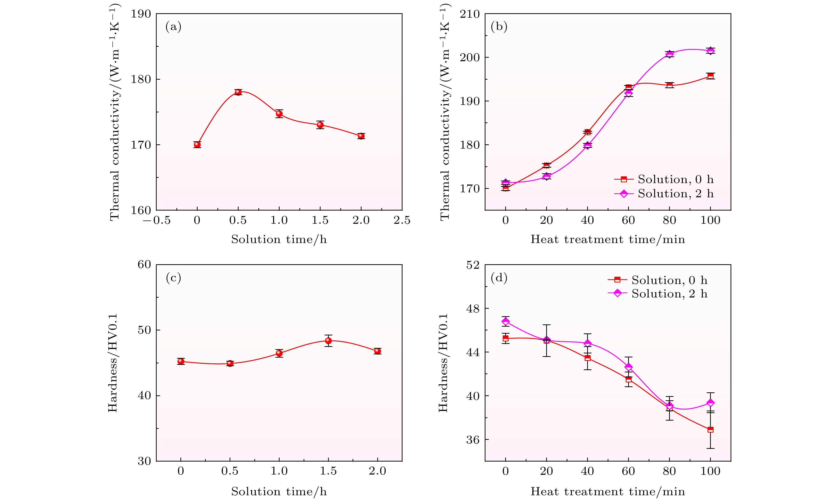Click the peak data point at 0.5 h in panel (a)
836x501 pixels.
tap(238, 92)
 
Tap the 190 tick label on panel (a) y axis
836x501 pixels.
tap(141, 14)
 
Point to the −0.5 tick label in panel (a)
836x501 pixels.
tap(156, 221)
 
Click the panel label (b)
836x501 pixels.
tap(499, 27)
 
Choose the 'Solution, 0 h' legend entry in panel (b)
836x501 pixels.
tap(663, 179)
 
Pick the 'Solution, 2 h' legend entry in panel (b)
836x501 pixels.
tap(663, 194)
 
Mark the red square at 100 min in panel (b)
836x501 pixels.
tap(710, 76)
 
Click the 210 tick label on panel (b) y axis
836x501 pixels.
tap(470, 14)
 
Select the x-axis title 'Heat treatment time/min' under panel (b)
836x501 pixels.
tap(608, 239)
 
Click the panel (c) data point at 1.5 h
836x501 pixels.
tap(328, 341)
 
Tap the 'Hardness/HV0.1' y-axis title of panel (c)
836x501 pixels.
tap(112, 363)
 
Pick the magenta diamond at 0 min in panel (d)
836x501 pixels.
tap(505, 321)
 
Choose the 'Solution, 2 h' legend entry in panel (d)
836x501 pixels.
tap(657, 294)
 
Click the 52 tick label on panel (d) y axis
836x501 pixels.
tap(473, 265)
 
